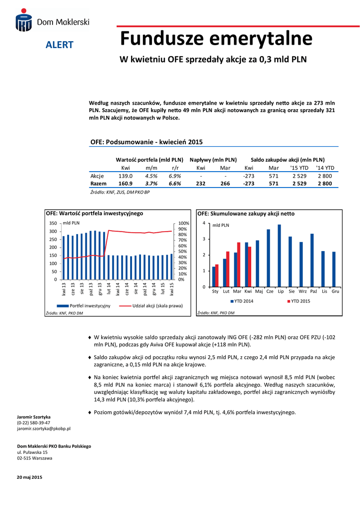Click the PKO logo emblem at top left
pos(23,22)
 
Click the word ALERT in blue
pos(60,45)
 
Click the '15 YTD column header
pos(299,168)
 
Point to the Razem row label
pos(98,184)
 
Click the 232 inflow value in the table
pos(201,184)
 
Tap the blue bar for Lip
pos(280,256)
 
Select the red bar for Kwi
pos(250,267)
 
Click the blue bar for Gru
pos(334,269)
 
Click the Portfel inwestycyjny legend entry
pos(86,306)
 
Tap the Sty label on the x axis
pos(215,292)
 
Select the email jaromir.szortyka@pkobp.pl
pos(44,428)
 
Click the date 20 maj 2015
pos(30,477)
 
